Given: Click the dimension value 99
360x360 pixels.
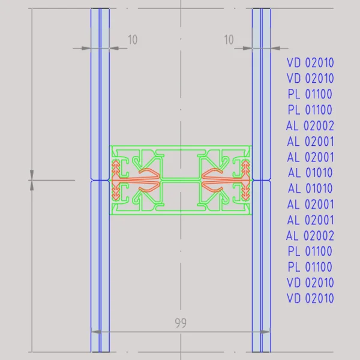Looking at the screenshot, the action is point(181,323).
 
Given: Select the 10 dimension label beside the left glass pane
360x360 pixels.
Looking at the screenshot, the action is point(133,40).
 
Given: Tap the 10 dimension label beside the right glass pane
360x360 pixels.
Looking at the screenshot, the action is point(229,40).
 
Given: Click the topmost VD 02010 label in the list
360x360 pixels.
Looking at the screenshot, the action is point(310,62).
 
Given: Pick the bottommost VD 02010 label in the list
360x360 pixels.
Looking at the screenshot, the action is point(310,298).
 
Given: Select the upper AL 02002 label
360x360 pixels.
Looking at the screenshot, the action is point(310,125).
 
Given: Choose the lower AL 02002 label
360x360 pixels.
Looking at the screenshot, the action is point(310,236).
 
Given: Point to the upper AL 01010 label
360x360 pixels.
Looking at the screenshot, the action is point(310,173).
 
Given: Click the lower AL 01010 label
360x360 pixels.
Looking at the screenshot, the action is point(310,188).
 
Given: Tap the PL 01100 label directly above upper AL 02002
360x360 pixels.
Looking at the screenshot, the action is point(310,110).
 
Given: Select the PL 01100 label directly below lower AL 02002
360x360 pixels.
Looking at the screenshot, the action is point(310,251).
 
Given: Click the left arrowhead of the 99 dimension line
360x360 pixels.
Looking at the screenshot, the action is point(96,332).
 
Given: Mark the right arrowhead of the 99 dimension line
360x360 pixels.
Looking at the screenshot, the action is point(266,332).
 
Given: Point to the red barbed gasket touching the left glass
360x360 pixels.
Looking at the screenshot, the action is point(116,180).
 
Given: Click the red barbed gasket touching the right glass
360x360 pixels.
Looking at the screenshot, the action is point(245,180).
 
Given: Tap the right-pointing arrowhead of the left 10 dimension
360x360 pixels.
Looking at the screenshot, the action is point(86,48).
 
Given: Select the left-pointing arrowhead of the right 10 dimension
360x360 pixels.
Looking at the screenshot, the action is point(275,48).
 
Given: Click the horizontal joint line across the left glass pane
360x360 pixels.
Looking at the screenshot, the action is point(100,180).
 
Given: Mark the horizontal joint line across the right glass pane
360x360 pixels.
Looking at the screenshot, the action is point(262,180).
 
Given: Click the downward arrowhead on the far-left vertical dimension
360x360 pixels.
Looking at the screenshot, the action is point(32,175).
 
